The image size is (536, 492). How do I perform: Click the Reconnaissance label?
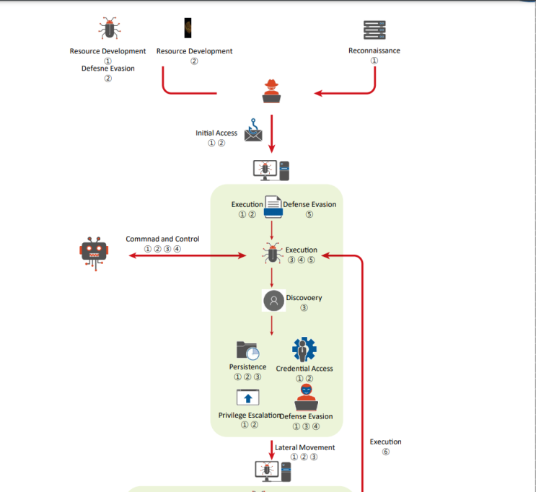tap(374, 50)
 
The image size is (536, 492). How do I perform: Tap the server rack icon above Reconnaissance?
tap(374, 30)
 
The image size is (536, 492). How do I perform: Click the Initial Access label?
tap(216, 133)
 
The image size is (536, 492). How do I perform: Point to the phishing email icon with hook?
tap(252, 130)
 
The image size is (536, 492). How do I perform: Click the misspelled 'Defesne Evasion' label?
tap(107, 69)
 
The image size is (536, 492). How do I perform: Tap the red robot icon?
tap(92, 254)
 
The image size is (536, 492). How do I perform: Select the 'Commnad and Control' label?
tap(162, 239)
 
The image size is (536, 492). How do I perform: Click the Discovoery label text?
tap(304, 297)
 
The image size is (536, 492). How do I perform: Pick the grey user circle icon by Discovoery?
tap(273, 301)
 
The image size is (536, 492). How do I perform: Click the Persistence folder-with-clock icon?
tap(247, 351)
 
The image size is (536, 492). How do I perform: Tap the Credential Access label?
tap(304, 369)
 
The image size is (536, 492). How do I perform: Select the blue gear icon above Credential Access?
tap(304, 350)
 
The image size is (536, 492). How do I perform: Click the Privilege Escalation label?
tap(250, 416)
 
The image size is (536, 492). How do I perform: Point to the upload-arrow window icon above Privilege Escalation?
tap(247, 397)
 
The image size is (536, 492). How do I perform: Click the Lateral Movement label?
tap(304, 447)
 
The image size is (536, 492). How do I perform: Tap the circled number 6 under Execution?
tap(386, 452)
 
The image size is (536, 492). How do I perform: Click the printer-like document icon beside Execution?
tap(273, 206)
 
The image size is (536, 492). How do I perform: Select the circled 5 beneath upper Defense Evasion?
tap(309, 214)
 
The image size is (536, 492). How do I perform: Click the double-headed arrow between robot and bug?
tap(187, 255)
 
